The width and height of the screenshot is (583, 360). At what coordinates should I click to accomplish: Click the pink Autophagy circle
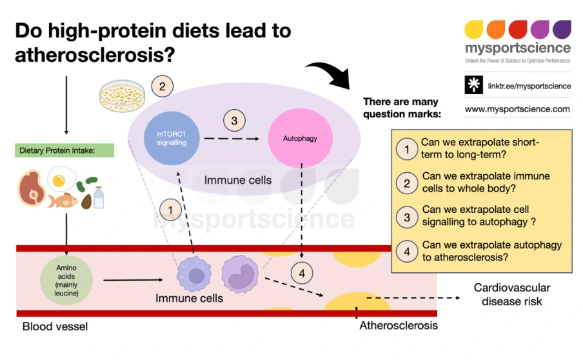pyautogui.click(x=300, y=138)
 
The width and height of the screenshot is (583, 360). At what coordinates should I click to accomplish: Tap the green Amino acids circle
pyautogui.click(x=66, y=279)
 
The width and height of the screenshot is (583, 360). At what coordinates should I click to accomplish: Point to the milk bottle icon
pyautogui.click(x=99, y=197)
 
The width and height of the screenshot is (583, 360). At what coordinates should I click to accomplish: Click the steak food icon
pyautogui.click(x=31, y=186)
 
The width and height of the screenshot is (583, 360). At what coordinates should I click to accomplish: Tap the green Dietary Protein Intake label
pyautogui.click(x=64, y=151)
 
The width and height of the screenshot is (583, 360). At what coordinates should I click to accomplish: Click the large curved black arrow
pyautogui.click(x=329, y=75)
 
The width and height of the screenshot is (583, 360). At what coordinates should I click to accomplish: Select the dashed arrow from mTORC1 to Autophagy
pyautogui.click(x=234, y=138)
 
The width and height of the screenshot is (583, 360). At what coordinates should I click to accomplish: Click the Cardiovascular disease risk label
pyautogui.click(x=512, y=294)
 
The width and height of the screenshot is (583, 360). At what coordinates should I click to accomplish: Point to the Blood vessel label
pyautogui.click(x=55, y=326)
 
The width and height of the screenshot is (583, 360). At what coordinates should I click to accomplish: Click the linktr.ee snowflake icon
pyautogui.click(x=473, y=85)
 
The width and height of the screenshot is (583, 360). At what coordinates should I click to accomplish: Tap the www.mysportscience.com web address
pyautogui.click(x=517, y=109)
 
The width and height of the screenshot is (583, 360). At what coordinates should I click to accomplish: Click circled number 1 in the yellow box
pyautogui.click(x=406, y=149)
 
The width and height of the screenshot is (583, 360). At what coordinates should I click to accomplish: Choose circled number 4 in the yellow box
pyautogui.click(x=406, y=251)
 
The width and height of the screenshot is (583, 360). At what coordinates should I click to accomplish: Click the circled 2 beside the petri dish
pyautogui.click(x=163, y=86)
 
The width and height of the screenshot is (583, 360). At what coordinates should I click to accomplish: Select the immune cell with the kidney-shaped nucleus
pyautogui.click(x=240, y=274)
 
